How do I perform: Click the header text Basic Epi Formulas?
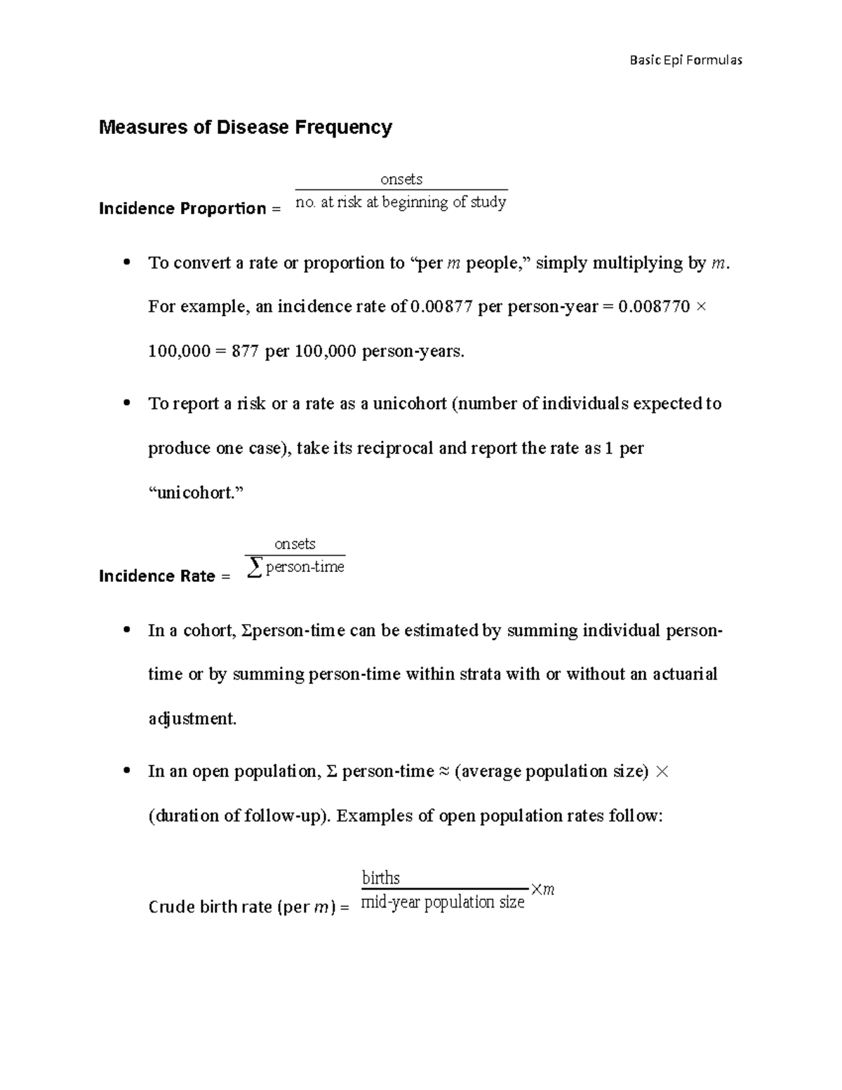coord(686,60)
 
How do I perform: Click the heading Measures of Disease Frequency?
coord(245,128)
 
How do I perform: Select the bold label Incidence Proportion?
coord(182,208)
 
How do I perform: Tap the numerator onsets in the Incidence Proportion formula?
coord(401,179)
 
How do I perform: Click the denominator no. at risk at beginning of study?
coord(401,202)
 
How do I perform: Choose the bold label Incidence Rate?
coord(156,576)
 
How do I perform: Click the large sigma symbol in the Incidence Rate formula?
coord(255,568)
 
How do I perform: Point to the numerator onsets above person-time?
coord(295,544)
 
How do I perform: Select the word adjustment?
coord(192,719)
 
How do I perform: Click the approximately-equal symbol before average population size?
coord(444,771)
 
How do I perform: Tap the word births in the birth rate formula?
coord(380,878)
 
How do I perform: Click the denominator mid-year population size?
coord(442,902)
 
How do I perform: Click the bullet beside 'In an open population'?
coord(126,771)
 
